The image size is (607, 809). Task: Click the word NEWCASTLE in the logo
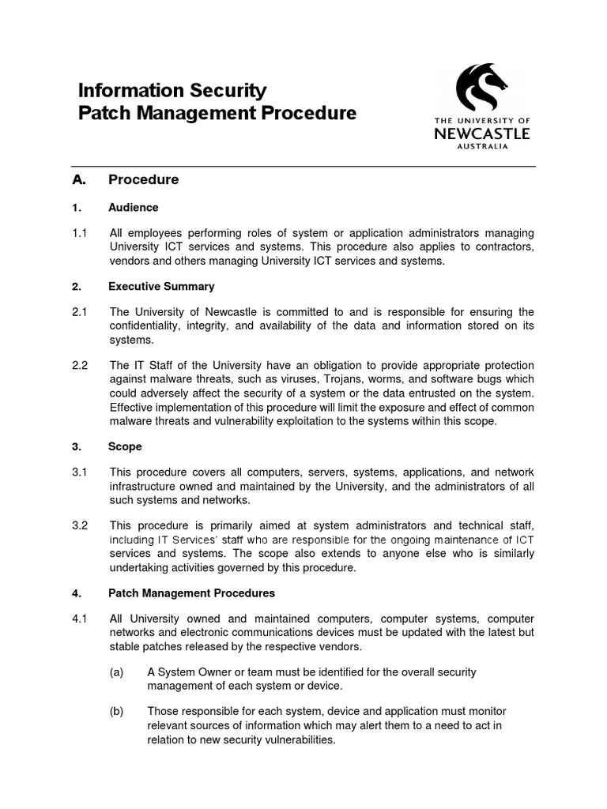482,134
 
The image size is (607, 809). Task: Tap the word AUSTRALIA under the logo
482,147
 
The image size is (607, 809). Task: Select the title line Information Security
172,91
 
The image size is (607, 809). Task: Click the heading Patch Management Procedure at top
217,114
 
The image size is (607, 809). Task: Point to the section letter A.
77,179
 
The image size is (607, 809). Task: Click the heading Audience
134,208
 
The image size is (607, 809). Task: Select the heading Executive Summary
161,287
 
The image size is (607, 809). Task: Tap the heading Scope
125,446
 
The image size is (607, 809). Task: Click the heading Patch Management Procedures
191,593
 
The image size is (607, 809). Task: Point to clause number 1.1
79,233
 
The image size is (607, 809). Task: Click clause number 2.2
79,366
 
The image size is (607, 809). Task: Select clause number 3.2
79,525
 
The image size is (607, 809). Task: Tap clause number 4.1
79,619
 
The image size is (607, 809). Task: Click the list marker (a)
117,672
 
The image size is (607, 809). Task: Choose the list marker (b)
117,712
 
